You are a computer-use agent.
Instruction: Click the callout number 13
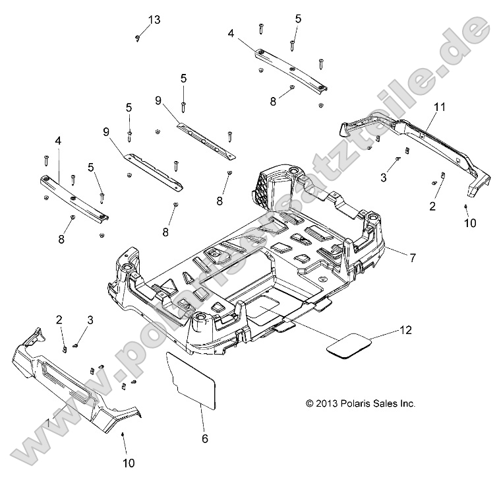click(154, 20)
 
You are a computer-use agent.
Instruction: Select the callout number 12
click(406, 330)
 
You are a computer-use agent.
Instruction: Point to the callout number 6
click(204, 438)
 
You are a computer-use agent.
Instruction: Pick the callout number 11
click(440, 106)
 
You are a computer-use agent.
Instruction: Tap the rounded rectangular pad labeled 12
click(349, 345)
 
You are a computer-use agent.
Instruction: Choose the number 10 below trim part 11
click(469, 224)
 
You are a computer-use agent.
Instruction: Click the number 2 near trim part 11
click(433, 207)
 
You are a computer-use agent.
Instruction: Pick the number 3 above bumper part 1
click(90, 320)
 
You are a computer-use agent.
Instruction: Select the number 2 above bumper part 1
click(59, 320)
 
